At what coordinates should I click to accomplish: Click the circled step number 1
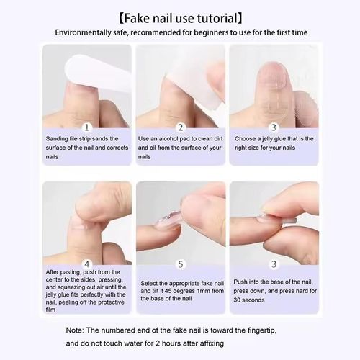click(87, 126)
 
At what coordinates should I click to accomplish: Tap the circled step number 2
click(181, 126)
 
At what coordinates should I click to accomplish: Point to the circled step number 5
click(181, 264)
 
